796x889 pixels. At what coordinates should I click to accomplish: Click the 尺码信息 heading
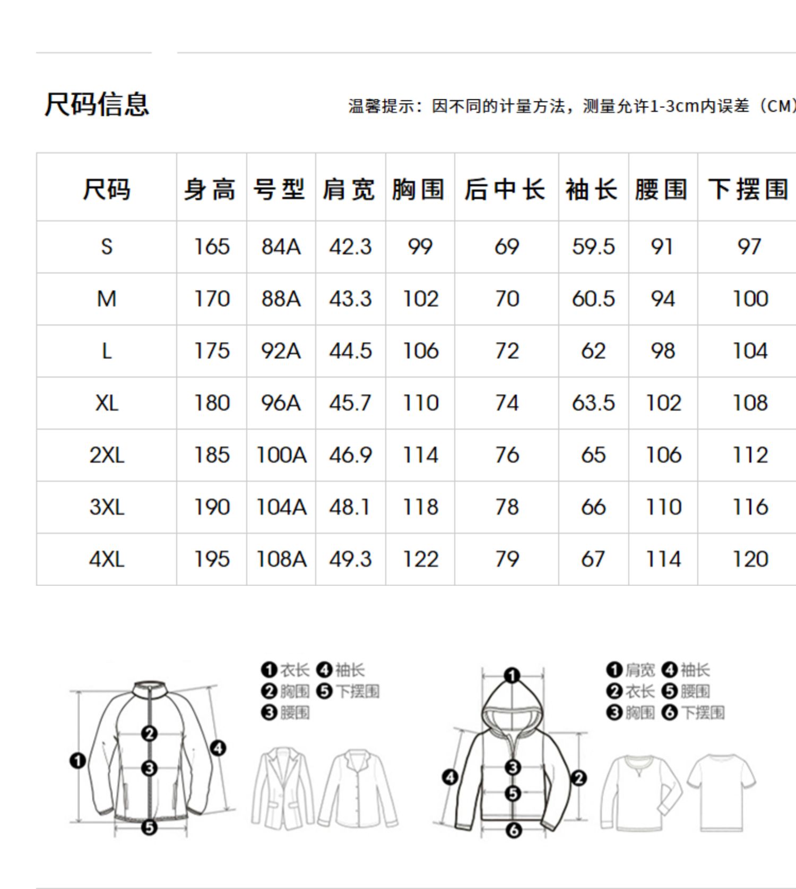(97, 104)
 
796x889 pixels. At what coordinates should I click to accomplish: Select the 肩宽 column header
(349, 190)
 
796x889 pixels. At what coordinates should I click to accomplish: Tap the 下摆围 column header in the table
(748, 190)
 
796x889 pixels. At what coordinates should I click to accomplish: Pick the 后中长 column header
(505, 190)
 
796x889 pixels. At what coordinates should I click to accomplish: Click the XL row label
(107, 403)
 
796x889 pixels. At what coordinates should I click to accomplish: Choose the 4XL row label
(107, 559)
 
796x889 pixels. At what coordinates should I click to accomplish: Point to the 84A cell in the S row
(281, 247)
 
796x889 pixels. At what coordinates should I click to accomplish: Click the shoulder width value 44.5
(350, 351)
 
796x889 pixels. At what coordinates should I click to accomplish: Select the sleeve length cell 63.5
(593, 403)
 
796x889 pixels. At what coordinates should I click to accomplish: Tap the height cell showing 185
(212, 455)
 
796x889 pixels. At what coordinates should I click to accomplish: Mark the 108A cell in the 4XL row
(281, 559)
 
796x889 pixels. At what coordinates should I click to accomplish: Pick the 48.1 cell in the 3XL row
(350, 507)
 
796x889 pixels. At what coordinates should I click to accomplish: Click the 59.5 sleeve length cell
(593, 247)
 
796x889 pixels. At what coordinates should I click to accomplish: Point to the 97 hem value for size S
(749, 247)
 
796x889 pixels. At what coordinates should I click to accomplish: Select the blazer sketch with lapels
(283, 789)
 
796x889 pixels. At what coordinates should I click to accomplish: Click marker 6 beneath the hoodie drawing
(514, 830)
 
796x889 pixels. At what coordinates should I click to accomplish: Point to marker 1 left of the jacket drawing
(77, 761)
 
